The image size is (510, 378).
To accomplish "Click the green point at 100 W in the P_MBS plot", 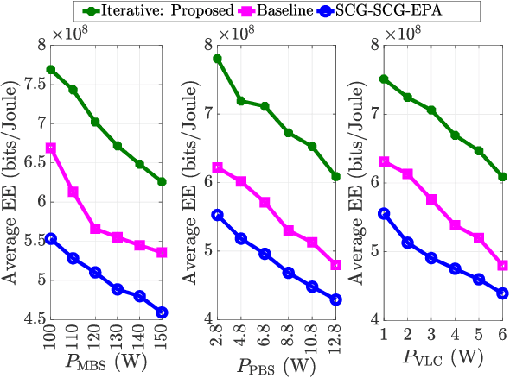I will (51, 69).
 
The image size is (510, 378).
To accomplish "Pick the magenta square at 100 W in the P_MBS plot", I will (51, 148).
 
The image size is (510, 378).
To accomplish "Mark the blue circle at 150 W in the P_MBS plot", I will (161, 312).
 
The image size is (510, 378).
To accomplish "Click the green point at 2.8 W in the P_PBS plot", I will (218, 59).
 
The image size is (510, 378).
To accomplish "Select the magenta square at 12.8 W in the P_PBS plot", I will (335, 264).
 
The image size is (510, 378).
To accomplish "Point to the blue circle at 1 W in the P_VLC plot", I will (385, 213).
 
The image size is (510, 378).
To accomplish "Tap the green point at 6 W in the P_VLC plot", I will (502, 176).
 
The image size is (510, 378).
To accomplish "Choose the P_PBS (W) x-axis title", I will (277, 361).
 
